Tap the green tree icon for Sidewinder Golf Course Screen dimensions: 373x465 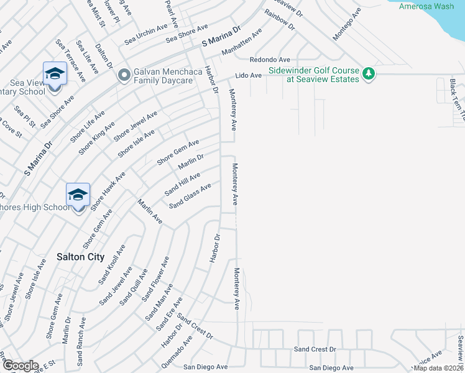point(369,74)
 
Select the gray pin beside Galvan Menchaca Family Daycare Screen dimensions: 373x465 point(124,75)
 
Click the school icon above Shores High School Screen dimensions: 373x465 point(78,195)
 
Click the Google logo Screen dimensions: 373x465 point(21,366)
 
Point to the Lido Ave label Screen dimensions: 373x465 point(248,75)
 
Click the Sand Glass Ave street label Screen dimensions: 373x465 point(190,195)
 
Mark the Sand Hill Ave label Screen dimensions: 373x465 point(182,185)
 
